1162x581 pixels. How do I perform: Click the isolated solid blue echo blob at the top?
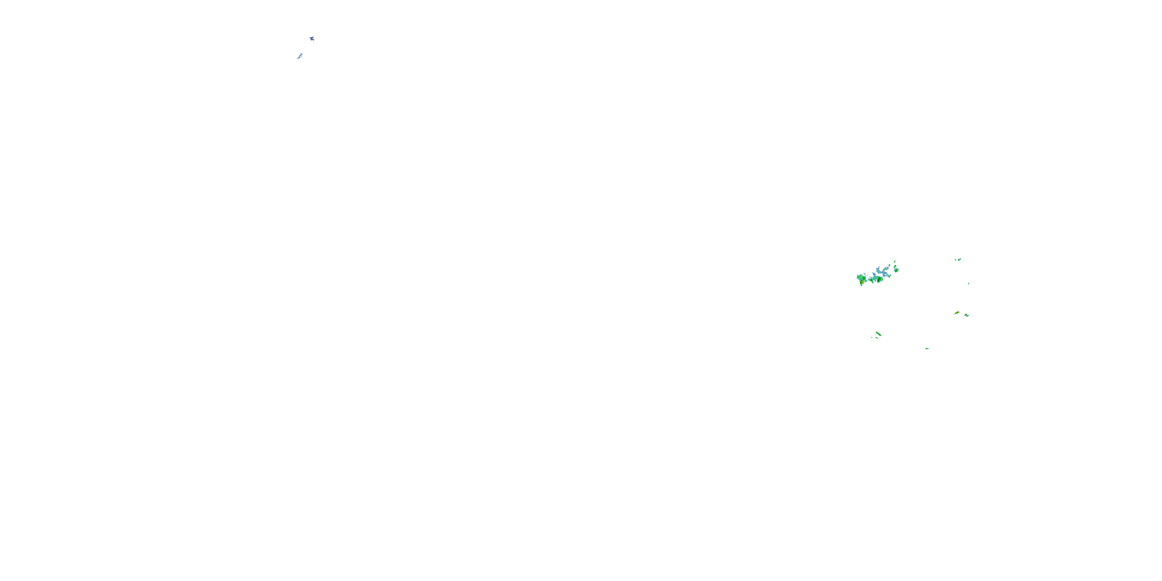(312, 39)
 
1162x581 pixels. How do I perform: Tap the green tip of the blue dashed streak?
(298, 58)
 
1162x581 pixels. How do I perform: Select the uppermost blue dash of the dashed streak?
(302, 54)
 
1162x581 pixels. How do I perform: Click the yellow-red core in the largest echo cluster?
(863, 282)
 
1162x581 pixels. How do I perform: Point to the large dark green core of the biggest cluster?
(880, 279)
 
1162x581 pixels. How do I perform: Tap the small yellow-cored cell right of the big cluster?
(896, 266)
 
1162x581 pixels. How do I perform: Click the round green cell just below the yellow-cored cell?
(896, 270)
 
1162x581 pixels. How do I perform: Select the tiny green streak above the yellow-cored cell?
(895, 261)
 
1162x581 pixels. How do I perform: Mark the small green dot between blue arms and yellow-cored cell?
(890, 265)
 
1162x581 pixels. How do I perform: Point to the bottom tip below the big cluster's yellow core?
(861, 285)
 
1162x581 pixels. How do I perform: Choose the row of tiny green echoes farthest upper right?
(959, 260)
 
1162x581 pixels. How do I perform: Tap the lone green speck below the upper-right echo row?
(968, 283)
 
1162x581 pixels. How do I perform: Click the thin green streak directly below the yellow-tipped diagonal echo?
(877, 338)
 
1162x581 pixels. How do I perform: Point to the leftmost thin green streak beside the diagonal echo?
(872, 337)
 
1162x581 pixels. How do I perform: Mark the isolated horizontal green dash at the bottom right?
(927, 349)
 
